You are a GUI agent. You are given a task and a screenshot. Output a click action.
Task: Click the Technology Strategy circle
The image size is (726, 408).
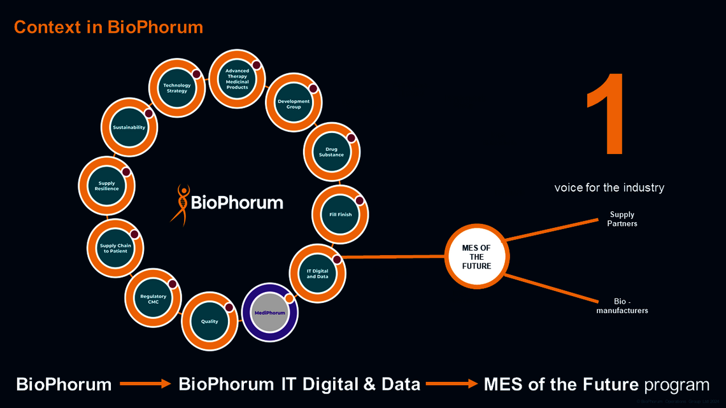(x=176, y=88)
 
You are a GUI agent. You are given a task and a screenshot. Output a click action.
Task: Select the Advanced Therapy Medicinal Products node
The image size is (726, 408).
(x=237, y=79)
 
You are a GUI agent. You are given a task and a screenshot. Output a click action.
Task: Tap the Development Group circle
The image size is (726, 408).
(x=294, y=104)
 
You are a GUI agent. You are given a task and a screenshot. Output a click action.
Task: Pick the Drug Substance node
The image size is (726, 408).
(x=331, y=152)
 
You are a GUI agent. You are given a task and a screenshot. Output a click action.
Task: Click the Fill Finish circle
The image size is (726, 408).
(x=340, y=215)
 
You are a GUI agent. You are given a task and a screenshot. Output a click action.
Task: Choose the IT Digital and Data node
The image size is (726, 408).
(x=318, y=274)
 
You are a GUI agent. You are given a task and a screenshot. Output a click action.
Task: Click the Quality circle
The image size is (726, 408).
(x=210, y=321)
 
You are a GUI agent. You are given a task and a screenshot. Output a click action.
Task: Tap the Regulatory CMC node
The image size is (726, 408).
(x=153, y=299)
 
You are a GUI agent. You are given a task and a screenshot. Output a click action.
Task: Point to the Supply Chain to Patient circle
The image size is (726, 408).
(x=114, y=248)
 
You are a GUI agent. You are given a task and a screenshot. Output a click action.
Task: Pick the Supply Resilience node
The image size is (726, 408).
(x=107, y=186)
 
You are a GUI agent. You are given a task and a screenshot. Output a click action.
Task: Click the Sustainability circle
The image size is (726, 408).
(x=129, y=127)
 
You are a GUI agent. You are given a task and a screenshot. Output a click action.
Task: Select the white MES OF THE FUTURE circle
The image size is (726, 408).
(x=476, y=257)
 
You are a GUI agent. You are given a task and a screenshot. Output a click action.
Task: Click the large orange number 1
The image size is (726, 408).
(x=605, y=115)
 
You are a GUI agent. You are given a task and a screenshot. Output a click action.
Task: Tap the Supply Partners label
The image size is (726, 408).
(x=622, y=219)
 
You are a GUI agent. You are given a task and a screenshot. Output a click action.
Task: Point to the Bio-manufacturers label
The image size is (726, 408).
(x=622, y=306)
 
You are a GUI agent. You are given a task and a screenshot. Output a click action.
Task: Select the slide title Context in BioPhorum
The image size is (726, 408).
(x=108, y=27)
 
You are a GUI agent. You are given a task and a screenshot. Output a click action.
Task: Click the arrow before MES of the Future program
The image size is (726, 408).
(x=452, y=384)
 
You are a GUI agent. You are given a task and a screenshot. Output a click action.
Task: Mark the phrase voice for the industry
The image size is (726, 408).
(x=609, y=188)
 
